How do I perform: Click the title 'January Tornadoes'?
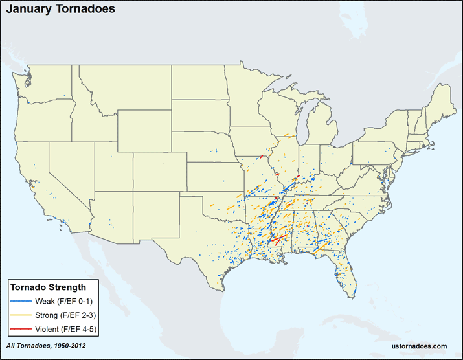52,10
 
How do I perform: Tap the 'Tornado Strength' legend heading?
52,287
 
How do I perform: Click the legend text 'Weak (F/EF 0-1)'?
63,302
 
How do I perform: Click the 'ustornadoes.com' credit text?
420,347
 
